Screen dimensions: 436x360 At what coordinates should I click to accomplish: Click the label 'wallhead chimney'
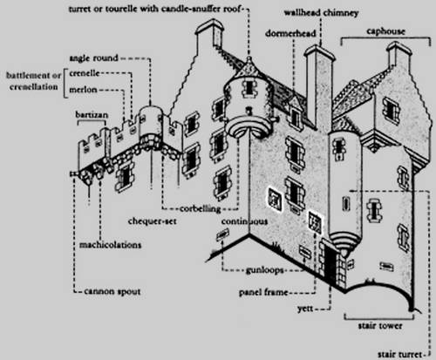point(321,13)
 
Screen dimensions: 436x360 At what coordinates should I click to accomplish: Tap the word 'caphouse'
point(385,31)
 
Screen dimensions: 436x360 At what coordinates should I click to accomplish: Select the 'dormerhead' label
point(290,33)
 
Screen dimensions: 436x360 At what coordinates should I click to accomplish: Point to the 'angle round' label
point(94,58)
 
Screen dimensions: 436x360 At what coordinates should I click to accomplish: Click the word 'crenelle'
point(85,73)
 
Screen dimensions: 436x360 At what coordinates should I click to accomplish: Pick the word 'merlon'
point(83,90)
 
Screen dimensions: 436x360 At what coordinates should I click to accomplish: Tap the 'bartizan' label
point(92,114)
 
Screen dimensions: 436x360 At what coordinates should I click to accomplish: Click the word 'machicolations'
point(111,245)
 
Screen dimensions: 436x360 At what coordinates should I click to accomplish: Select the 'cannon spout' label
point(112,291)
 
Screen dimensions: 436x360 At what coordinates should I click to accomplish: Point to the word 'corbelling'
point(201,208)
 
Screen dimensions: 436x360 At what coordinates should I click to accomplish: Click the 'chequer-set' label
point(153,221)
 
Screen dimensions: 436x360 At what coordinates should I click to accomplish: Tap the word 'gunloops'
point(264,270)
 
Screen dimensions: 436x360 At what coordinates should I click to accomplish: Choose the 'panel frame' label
point(263,292)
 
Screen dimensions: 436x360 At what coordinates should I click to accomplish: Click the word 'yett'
point(305,309)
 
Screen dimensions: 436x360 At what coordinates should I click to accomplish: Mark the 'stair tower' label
point(380,326)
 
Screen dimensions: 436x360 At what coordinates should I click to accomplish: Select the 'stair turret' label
point(399,354)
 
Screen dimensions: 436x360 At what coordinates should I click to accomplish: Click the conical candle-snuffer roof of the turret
point(249,68)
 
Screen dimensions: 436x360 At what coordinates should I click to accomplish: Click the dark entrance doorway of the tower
point(330,264)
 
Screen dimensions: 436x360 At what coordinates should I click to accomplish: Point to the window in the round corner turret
point(249,87)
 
